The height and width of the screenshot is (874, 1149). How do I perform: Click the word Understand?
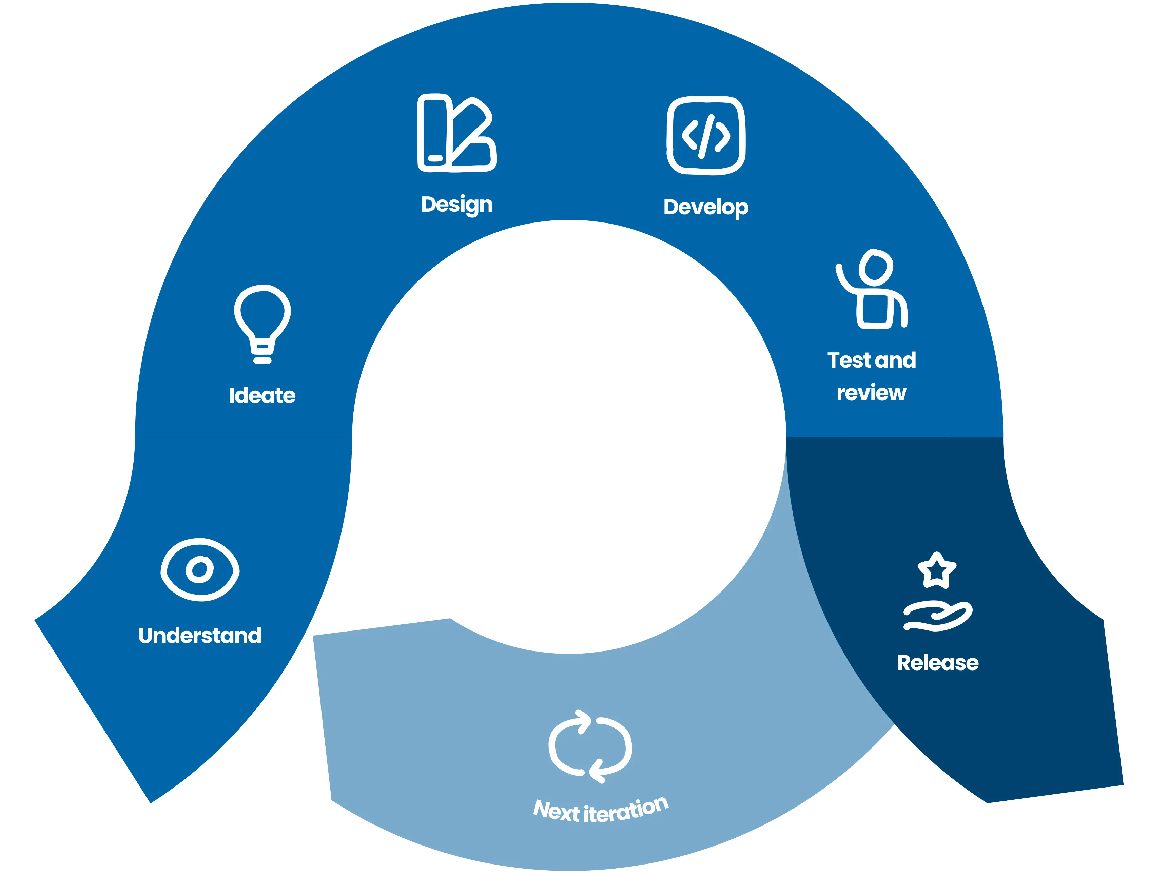point(200,636)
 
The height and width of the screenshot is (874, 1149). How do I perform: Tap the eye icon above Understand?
point(200,570)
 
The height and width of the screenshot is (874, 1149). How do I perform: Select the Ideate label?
point(262,396)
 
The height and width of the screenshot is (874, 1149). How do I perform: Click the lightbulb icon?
point(262,323)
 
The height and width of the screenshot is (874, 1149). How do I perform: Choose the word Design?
point(457,205)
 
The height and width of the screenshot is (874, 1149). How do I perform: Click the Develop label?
point(706,208)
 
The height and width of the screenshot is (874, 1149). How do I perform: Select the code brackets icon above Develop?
point(706,135)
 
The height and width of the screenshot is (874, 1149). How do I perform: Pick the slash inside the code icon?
point(706,136)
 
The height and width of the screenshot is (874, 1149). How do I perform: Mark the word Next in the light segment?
point(556,811)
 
